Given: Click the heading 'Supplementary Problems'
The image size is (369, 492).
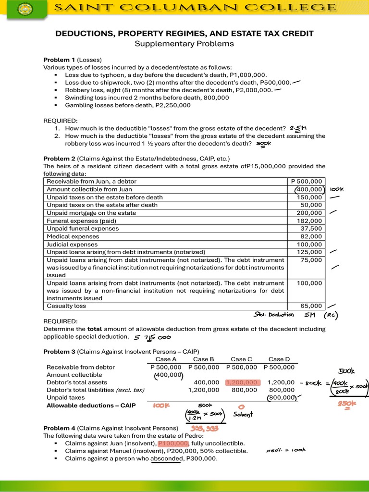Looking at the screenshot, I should click(x=184, y=44).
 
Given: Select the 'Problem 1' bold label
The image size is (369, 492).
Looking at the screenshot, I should click(x=59, y=60).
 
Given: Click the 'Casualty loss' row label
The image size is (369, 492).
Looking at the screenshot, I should click(x=66, y=306).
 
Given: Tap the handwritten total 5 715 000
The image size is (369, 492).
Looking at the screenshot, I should click(x=156, y=337).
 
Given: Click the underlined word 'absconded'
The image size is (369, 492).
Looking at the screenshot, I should click(x=167, y=458).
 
